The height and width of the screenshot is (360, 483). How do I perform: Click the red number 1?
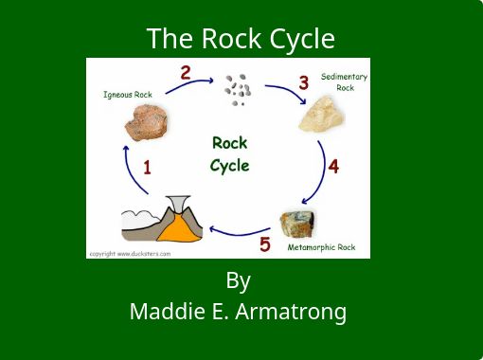[147, 168]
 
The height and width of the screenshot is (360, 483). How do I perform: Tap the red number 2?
[186, 73]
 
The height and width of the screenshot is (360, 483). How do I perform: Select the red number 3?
[304, 82]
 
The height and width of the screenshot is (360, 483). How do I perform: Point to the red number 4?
[333, 167]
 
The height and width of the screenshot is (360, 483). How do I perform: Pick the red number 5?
[265, 244]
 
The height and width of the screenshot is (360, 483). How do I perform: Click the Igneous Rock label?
[128, 95]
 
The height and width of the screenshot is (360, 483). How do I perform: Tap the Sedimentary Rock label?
[345, 82]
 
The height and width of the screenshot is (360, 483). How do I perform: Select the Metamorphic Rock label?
[321, 247]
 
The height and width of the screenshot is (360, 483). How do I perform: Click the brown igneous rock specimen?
[146, 123]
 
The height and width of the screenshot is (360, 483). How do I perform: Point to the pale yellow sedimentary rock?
[322, 115]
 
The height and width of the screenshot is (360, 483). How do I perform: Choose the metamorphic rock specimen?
[297, 224]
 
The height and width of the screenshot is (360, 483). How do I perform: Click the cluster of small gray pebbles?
[238, 90]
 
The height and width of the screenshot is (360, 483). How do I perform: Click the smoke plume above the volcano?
[179, 204]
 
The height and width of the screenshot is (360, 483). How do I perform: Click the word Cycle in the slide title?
[302, 39]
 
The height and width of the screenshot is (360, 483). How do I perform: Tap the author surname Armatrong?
[291, 312]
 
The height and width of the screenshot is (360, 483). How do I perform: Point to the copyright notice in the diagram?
[130, 254]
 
